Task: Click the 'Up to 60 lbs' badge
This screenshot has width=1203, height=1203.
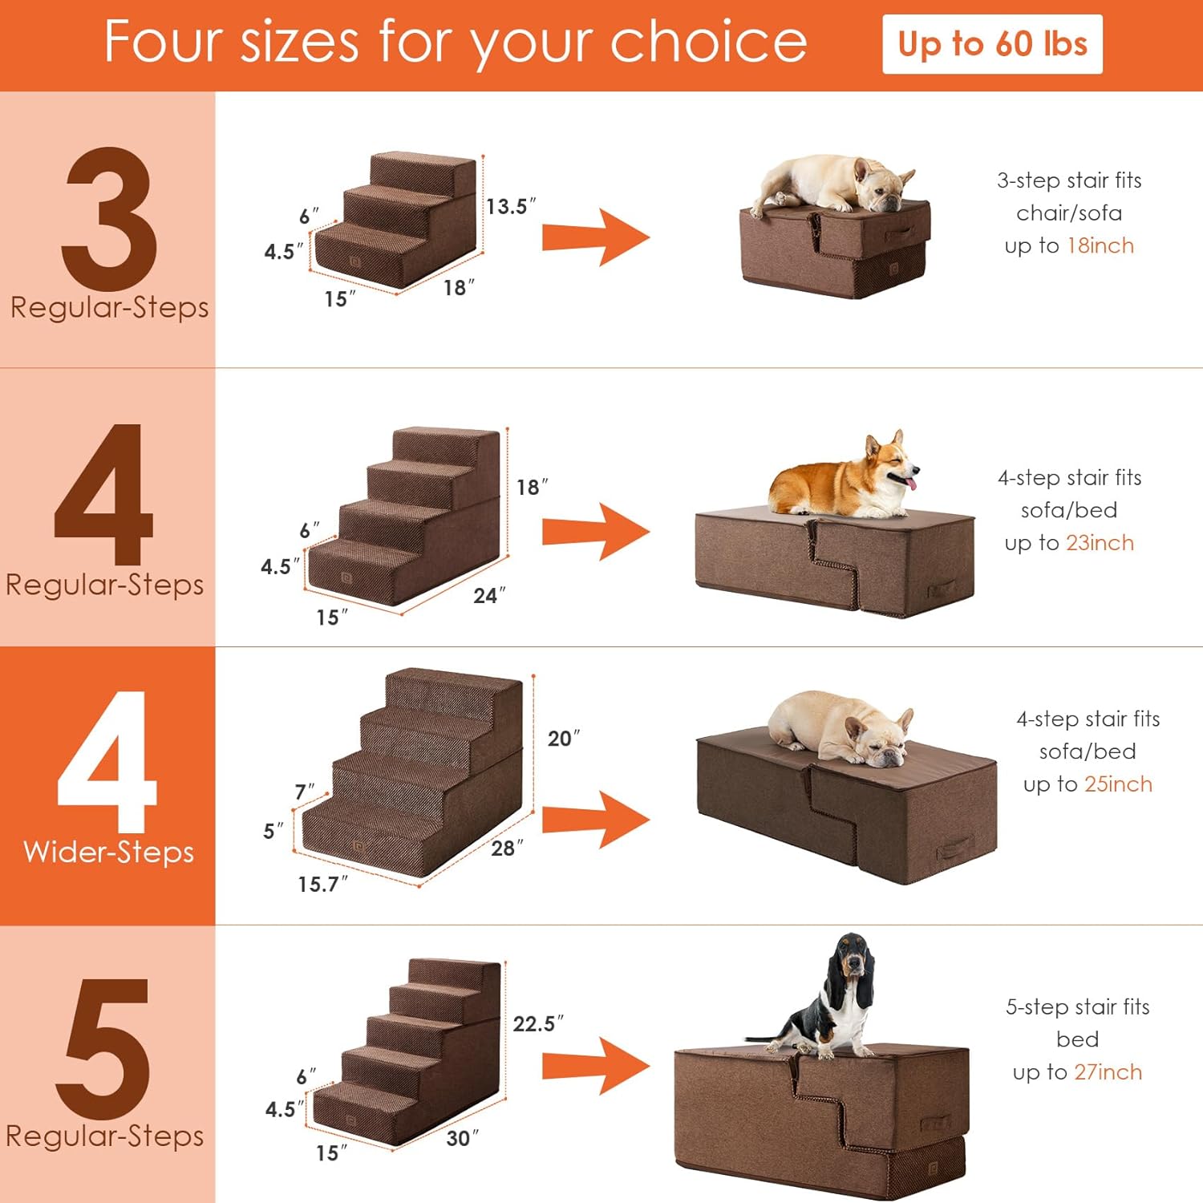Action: pos(992,44)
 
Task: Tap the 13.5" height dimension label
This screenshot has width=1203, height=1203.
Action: pos(511,206)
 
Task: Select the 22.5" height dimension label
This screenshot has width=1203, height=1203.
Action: pos(538,1023)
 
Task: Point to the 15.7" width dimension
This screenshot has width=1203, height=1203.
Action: pos(322,884)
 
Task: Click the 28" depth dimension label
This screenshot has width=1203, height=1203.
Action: pos(507,848)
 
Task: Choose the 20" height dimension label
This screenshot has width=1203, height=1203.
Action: pos(563,738)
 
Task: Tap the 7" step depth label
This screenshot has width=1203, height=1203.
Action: pos(305,792)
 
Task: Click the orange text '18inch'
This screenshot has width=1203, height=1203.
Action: pos(1101,245)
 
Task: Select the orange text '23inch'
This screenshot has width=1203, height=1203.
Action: pos(1100,543)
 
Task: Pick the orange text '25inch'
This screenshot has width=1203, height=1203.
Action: pos(1118,784)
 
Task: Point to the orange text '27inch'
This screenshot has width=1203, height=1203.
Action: pos(1108,1072)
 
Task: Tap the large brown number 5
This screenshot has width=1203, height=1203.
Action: pos(103,1049)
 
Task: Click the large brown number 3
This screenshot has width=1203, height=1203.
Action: pos(109,219)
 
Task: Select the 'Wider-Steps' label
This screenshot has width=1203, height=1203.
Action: pos(109,852)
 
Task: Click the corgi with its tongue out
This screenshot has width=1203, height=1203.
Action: pos(842,477)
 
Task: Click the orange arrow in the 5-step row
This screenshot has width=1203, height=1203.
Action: pos(596,1066)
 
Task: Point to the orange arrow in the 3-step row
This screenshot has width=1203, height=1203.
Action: pos(596,237)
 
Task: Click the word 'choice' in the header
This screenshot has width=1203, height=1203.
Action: pos(708,42)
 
